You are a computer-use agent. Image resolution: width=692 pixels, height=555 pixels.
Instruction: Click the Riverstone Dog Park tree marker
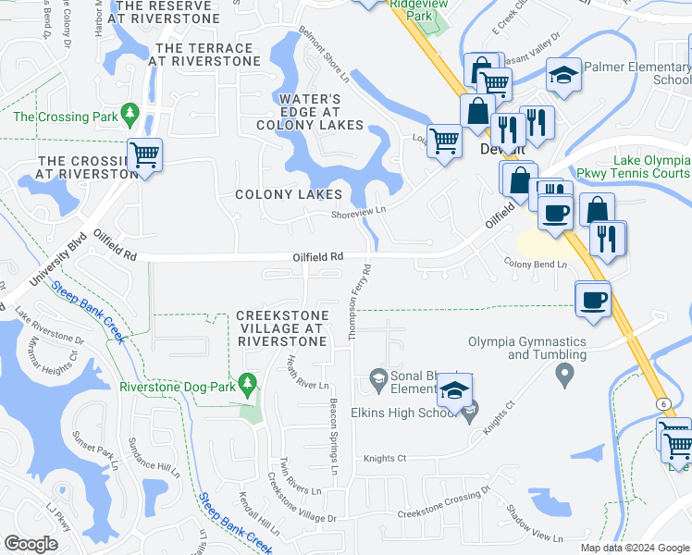247,382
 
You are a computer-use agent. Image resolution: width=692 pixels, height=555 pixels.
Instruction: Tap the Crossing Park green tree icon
130,114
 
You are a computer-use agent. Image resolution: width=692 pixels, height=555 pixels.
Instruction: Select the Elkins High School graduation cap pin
454,390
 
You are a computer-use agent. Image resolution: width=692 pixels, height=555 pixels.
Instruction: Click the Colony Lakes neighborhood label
288,194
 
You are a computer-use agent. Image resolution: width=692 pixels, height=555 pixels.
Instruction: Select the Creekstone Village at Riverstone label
282,328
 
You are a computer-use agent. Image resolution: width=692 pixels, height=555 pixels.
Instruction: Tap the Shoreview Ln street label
358,212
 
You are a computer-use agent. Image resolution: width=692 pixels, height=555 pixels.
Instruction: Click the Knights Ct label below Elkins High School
385,458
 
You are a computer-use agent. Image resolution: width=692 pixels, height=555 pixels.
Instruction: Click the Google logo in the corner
31,544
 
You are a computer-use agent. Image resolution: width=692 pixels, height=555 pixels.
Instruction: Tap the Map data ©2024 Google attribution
635,548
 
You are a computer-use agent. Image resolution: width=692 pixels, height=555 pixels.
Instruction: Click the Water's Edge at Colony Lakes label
310,112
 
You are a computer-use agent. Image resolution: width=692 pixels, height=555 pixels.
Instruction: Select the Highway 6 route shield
662,403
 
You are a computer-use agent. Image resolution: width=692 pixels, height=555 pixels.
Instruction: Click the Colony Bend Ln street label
535,265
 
